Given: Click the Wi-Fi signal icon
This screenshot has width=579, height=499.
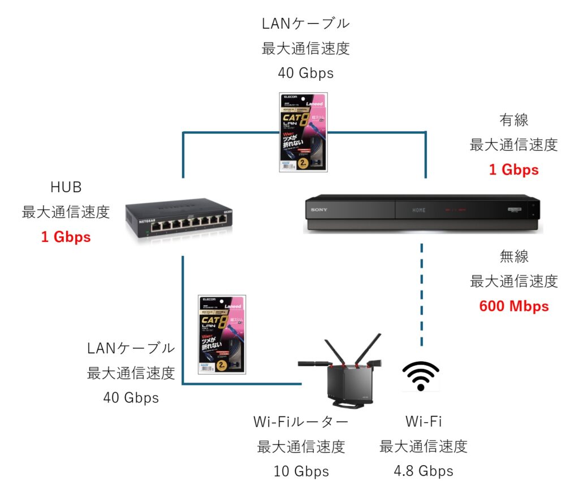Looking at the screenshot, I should (421, 376).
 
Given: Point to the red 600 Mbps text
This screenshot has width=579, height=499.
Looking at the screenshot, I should (513, 306).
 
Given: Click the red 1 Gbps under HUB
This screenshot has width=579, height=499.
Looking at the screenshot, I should (66, 237).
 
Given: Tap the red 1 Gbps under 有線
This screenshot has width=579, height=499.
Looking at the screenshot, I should (513, 169).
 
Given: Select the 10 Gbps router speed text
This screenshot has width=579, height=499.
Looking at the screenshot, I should (301, 471).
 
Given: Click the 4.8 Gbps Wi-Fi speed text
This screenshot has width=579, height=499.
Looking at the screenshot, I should (424, 471).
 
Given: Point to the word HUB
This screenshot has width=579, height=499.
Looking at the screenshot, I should (66, 187).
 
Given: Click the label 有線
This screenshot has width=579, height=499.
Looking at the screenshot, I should (513, 120).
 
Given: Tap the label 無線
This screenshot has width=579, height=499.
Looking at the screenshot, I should (513, 257).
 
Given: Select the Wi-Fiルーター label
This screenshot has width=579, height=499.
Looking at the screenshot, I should (301, 422).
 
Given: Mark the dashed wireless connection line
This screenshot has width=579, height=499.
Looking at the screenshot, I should (422, 294).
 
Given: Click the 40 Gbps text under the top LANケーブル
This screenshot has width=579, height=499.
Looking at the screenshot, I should (305, 73).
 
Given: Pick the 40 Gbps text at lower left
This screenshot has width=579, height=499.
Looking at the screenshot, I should (131, 397).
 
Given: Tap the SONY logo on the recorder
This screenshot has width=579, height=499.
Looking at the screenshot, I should (319, 210).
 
